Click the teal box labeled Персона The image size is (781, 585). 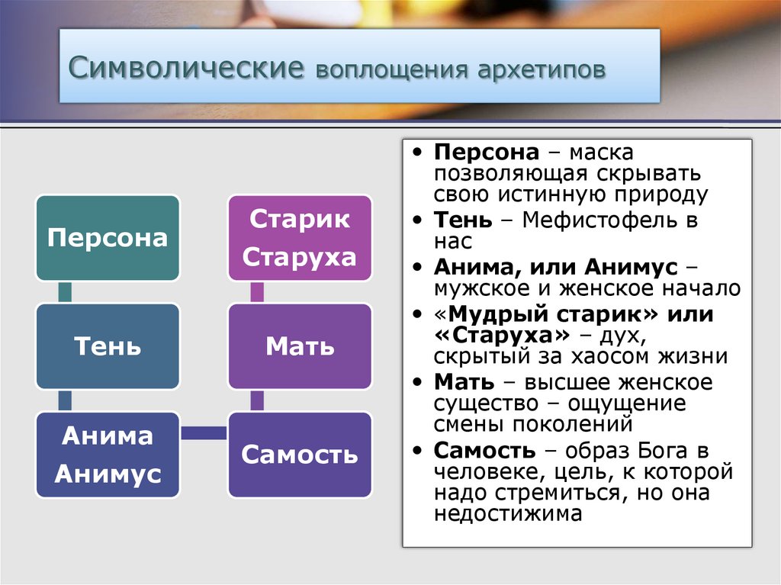point(108,238)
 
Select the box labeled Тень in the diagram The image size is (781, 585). point(108,346)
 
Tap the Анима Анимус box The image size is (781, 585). point(108,455)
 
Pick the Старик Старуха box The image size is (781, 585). point(300,238)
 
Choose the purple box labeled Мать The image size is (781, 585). point(300,346)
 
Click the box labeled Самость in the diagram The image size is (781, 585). point(300,455)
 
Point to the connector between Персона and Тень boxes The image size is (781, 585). point(65,292)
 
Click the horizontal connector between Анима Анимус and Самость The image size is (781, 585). point(204,432)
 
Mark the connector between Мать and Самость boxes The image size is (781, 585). point(257,400)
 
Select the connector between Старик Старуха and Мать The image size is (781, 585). point(257,292)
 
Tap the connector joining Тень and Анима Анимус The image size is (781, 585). point(65,400)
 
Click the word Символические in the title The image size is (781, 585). point(186,67)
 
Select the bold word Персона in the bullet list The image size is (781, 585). point(487,153)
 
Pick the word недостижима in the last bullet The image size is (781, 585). point(507,513)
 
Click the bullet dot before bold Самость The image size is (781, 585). point(417,451)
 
